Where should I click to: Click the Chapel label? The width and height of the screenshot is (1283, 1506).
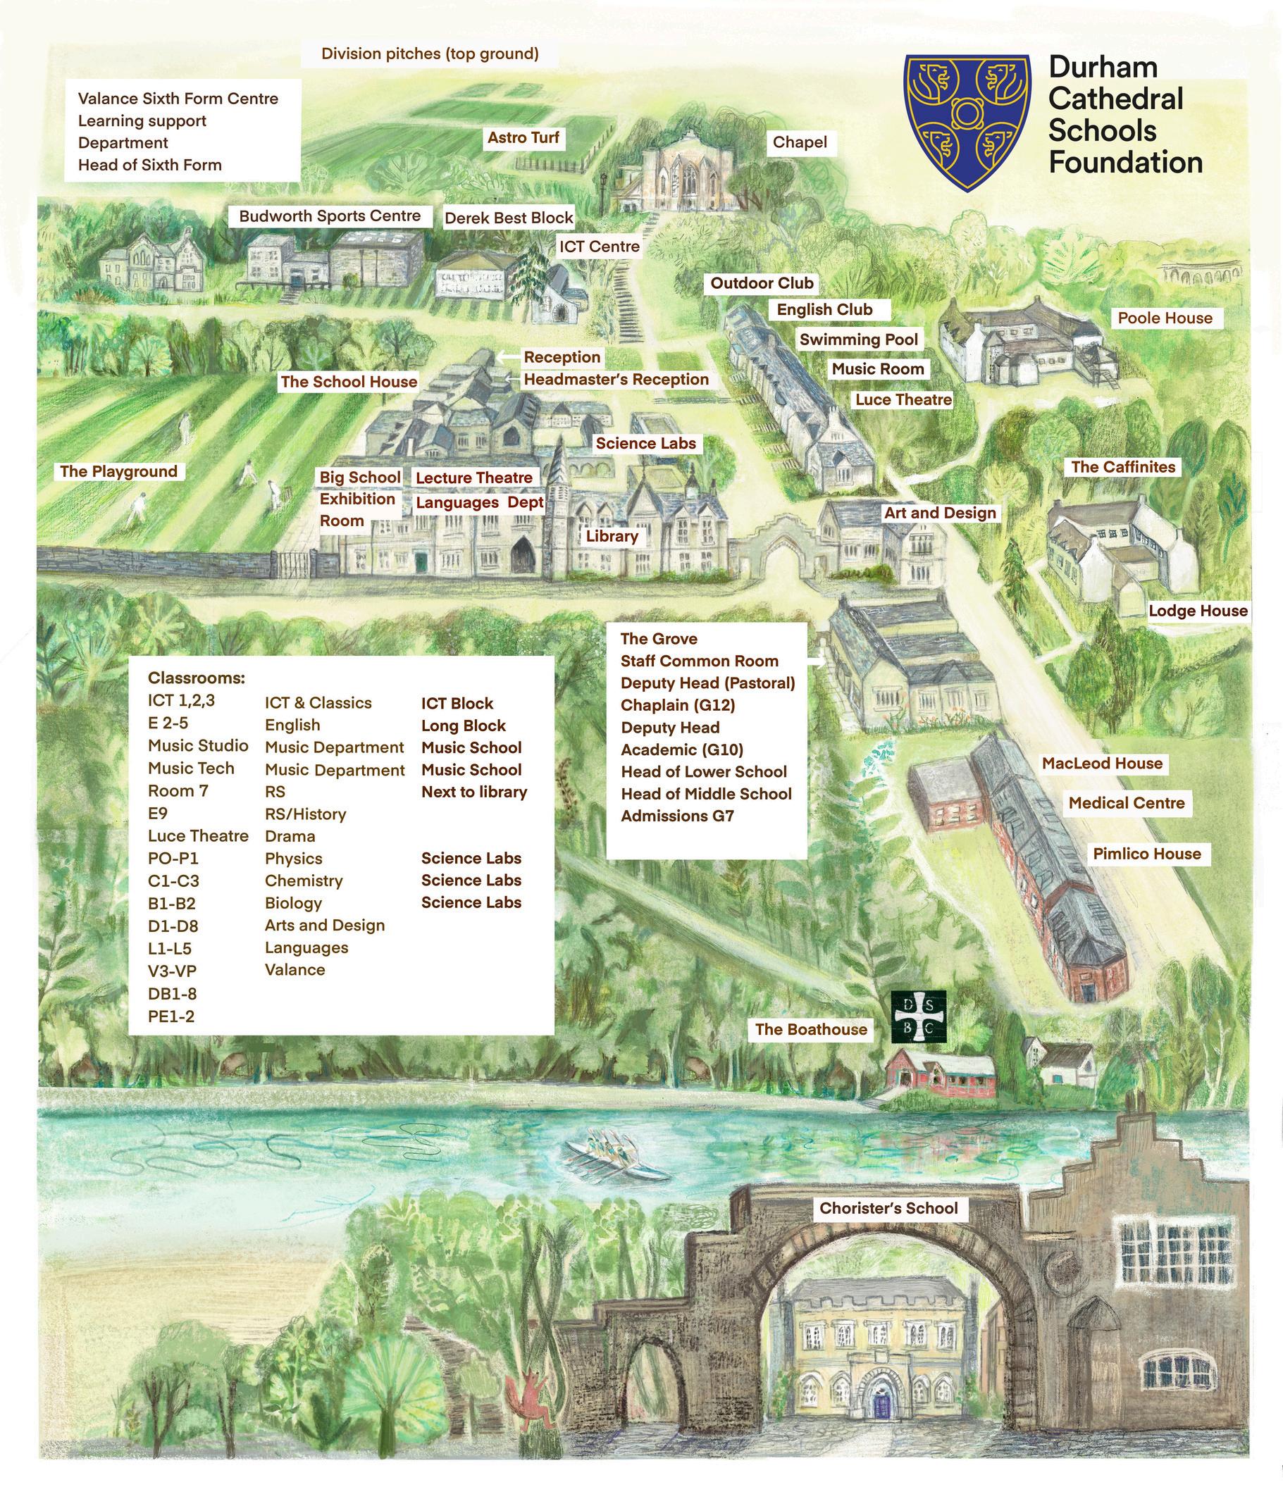tap(800, 142)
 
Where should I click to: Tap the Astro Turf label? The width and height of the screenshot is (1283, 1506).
tap(523, 137)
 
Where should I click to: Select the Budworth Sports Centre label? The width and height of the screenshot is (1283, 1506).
tap(330, 216)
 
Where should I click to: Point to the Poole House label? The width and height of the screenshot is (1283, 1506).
tap(1165, 318)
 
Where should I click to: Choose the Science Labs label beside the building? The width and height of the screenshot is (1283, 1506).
tap(645, 442)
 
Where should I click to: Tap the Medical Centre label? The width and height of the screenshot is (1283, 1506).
tap(1126, 802)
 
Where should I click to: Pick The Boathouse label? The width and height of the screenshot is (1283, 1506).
tap(810, 1028)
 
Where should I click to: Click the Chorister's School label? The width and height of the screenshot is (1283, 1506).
tap(888, 1207)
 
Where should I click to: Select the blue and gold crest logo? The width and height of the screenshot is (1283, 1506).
tap(967, 121)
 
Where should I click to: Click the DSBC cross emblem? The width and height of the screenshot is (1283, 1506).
tap(919, 1019)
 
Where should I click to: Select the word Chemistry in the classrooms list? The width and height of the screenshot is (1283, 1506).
tap(303, 880)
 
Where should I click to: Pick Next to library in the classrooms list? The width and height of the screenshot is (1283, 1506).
tap(474, 792)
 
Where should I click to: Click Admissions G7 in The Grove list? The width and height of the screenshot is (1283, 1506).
tap(677, 816)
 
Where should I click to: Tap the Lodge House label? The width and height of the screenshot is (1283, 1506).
tap(1197, 611)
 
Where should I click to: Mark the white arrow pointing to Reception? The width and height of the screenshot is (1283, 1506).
tap(508, 356)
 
